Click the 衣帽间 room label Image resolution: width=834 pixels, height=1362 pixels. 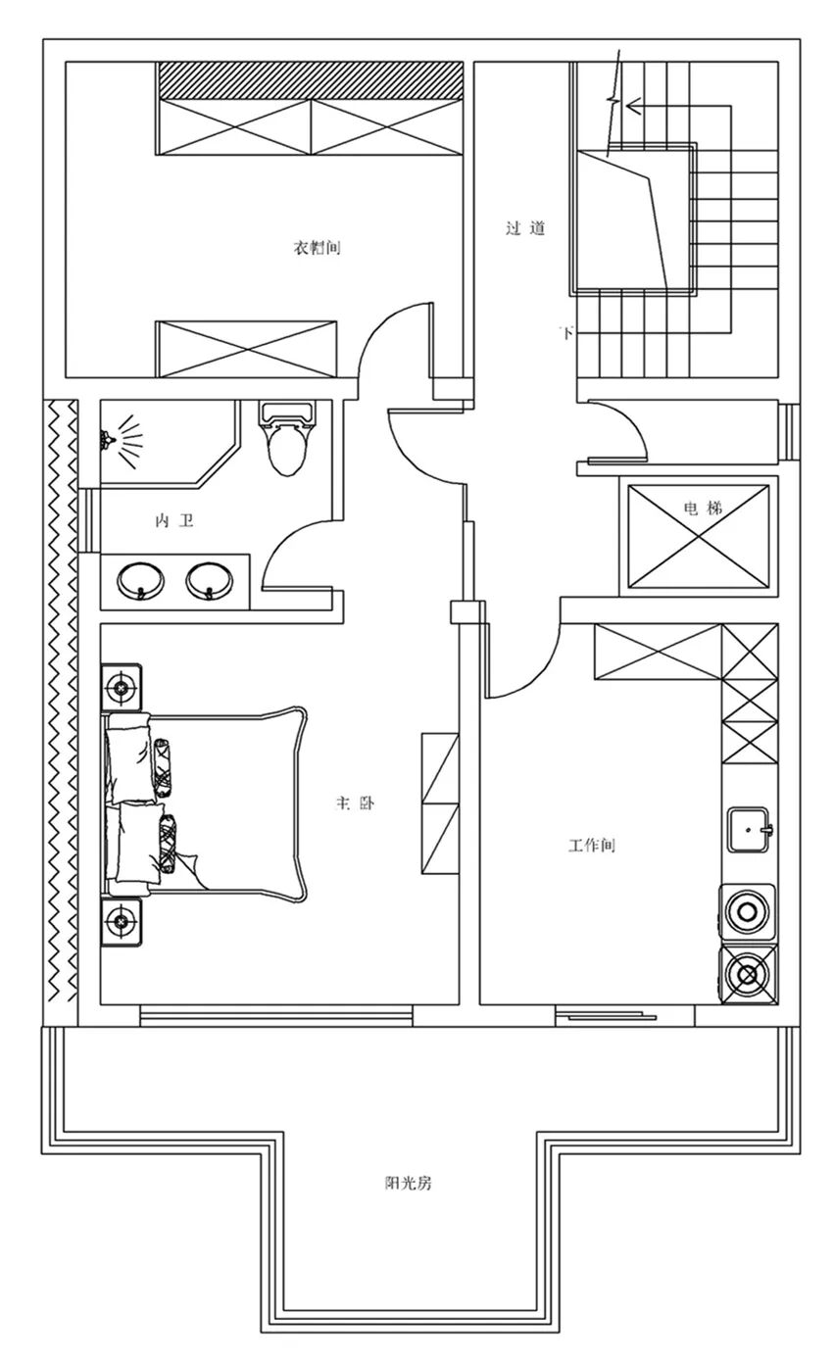(x=317, y=248)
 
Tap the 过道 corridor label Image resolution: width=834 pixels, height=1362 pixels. (x=525, y=228)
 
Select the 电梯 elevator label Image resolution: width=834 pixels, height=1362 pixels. (x=704, y=508)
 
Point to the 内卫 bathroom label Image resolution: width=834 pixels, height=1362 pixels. (x=174, y=521)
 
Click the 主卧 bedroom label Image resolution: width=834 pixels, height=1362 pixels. (x=355, y=803)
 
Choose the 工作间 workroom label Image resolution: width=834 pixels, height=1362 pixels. (x=591, y=846)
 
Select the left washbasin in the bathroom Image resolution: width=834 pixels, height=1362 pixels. (x=140, y=581)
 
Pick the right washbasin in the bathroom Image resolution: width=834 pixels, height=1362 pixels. (x=210, y=581)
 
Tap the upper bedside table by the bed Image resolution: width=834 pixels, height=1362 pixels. (x=122, y=688)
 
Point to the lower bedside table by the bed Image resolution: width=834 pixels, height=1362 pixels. (x=122, y=922)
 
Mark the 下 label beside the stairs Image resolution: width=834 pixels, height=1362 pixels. (x=567, y=332)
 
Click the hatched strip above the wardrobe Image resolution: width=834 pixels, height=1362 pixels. (x=310, y=80)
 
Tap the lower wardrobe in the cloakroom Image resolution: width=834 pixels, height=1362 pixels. (x=246, y=349)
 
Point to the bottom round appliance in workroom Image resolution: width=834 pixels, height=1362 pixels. (x=749, y=975)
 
